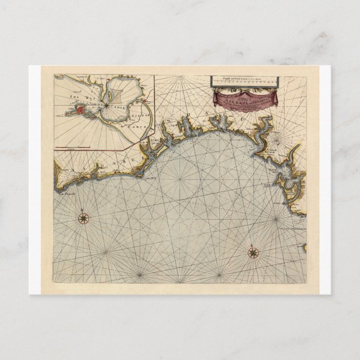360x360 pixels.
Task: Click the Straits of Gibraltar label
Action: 291,228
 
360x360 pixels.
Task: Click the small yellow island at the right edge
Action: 304,247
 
